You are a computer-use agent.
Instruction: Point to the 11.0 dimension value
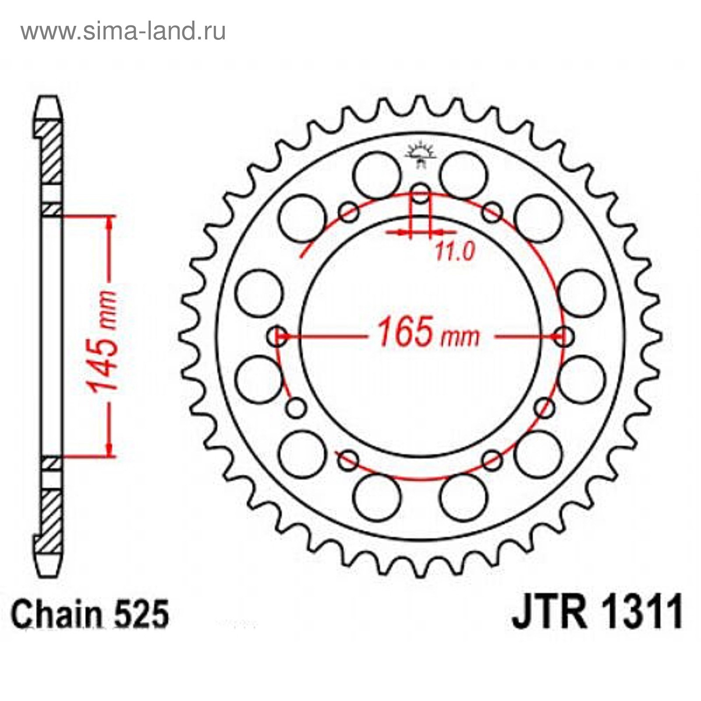(x=455, y=251)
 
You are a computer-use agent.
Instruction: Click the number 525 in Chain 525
(x=141, y=614)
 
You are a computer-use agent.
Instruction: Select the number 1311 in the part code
(x=638, y=611)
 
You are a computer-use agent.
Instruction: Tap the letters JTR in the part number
(x=550, y=611)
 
